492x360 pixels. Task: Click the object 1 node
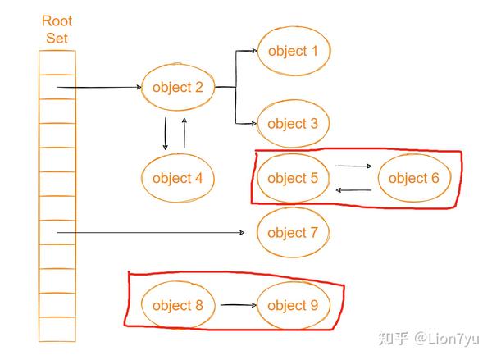[293, 51]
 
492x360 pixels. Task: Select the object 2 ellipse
[177, 88]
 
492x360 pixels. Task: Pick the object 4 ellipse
[177, 178]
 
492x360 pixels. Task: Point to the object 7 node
[293, 233]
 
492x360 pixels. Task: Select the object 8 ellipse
[177, 306]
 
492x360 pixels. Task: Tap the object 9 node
[293, 306]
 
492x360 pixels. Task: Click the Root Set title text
[57, 28]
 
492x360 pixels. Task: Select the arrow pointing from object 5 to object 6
[353, 166]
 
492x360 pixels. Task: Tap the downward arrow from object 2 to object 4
[166, 133]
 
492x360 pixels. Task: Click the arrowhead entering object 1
[253, 51]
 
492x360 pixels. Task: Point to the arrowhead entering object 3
[253, 124]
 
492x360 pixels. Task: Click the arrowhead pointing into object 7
[242, 234]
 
